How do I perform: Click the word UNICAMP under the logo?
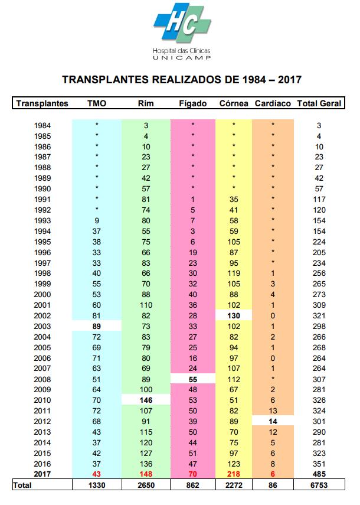coord(182,58)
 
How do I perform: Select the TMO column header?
coord(97,103)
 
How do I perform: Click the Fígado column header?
coord(193,103)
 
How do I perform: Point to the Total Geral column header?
coord(319,103)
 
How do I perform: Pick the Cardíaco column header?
coord(273,103)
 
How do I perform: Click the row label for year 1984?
coord(42,125)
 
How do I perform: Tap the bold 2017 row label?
coord(42,474)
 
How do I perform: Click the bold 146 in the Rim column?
coord(146,400)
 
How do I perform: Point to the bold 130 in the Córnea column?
coord(234,315)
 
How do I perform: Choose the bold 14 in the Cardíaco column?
coord(273,422)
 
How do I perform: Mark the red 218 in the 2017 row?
coord(234,474)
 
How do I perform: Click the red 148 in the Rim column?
coord(146,474)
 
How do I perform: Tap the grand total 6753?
coord(319,485)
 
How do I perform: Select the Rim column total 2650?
coord(146,485)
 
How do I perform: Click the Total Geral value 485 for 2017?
coord(319,474)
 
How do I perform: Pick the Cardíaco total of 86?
coord(273,485)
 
